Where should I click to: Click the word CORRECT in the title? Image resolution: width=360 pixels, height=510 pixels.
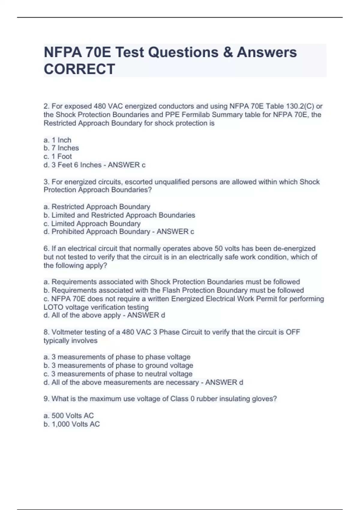point(79,69)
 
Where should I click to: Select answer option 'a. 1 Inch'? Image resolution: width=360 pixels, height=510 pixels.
point(57,140)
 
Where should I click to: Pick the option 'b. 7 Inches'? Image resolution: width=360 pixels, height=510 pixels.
point(61,148)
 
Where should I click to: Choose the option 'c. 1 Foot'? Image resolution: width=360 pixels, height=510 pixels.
point(58,156)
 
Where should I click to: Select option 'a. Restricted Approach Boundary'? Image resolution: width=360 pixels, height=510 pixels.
point(97,207)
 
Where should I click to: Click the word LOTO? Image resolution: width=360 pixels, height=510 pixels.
point(53,307)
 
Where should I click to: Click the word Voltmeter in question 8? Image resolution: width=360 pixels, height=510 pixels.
point(67,332)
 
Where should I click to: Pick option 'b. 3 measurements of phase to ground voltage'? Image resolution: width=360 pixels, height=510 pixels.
point(118,365)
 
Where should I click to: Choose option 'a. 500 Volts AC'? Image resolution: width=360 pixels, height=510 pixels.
point(69,415)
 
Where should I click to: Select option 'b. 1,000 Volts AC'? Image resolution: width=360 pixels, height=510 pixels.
point(72,424)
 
